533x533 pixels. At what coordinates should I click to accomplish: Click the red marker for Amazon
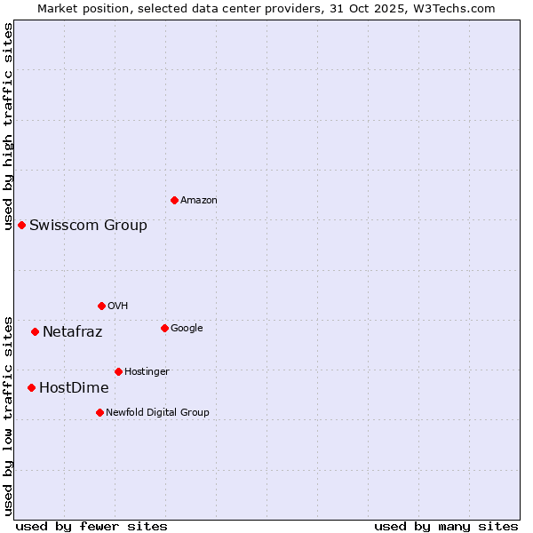[x=174, y=200]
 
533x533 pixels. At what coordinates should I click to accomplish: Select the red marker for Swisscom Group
[x=21, y=225]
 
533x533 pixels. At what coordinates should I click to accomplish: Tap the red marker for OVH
[x=101, y=306]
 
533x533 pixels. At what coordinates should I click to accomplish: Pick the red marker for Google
[x=164, y=328]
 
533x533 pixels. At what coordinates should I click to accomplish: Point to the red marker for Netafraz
[x=35, y=331]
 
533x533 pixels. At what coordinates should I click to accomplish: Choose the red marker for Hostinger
[x=118, y=371]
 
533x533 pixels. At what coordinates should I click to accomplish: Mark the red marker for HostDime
[x=31, y=387]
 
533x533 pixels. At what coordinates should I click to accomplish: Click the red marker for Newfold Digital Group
[x=99, y=412]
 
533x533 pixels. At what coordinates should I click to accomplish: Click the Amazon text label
[x=198, y=201]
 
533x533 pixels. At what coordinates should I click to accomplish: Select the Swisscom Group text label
[x=88, y=226]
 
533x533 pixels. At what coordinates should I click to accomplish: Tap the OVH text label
[x=118, y=306]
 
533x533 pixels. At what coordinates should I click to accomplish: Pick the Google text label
[x=187, y=329]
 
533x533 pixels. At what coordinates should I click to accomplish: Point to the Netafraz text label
[x=72, y=332]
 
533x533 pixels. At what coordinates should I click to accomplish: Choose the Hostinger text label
[x=147, y=372]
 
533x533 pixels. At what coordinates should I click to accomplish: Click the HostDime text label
[x=74, y=388]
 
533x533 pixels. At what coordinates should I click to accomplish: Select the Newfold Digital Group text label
[x=157, y=413]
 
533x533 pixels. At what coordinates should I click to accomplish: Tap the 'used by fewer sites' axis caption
[x=91, y=526]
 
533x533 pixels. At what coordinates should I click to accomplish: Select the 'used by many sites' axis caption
[x=446, y=526]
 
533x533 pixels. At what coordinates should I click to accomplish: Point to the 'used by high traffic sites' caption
[x=8, y=126]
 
